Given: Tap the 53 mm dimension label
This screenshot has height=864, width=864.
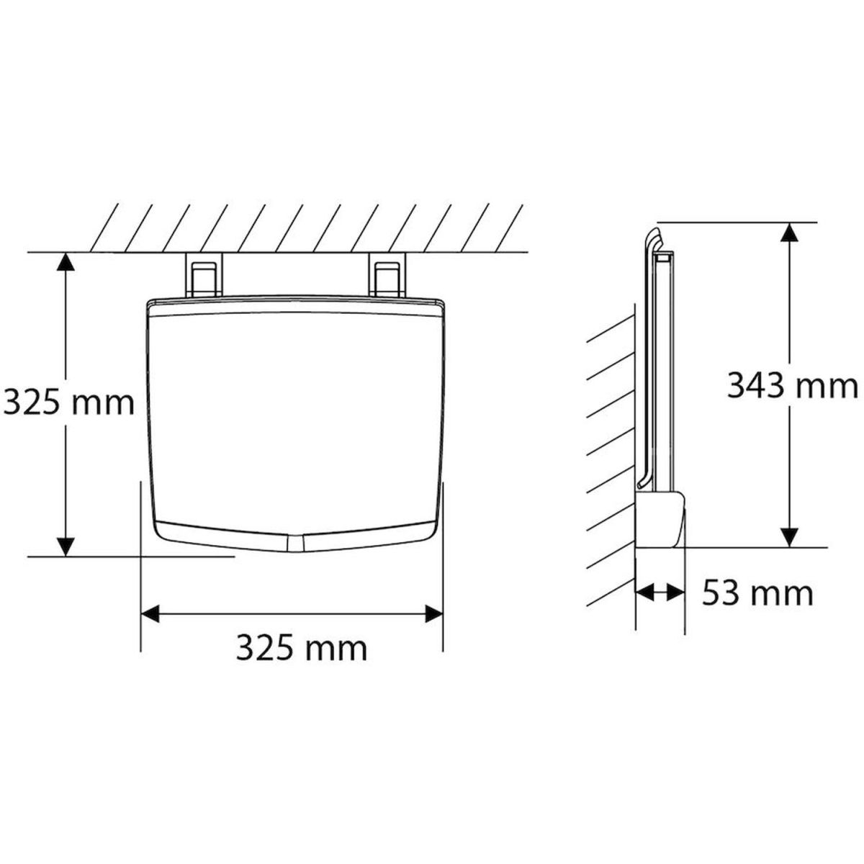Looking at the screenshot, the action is click(757, 594).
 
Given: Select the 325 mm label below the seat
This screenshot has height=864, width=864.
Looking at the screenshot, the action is click(302, 648).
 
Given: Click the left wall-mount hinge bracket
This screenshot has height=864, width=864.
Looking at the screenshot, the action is click(204, 274).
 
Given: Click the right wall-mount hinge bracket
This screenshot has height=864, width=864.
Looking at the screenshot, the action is click(387, 274).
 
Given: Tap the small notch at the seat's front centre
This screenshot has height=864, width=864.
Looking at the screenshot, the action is click(294, 544).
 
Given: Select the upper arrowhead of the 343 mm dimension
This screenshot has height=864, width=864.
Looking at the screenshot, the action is click(790, 233).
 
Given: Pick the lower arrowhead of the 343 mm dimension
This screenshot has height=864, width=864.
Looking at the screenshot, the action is click(790, 537).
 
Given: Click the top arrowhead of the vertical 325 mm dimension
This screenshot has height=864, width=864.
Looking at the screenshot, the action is click(66, 264).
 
